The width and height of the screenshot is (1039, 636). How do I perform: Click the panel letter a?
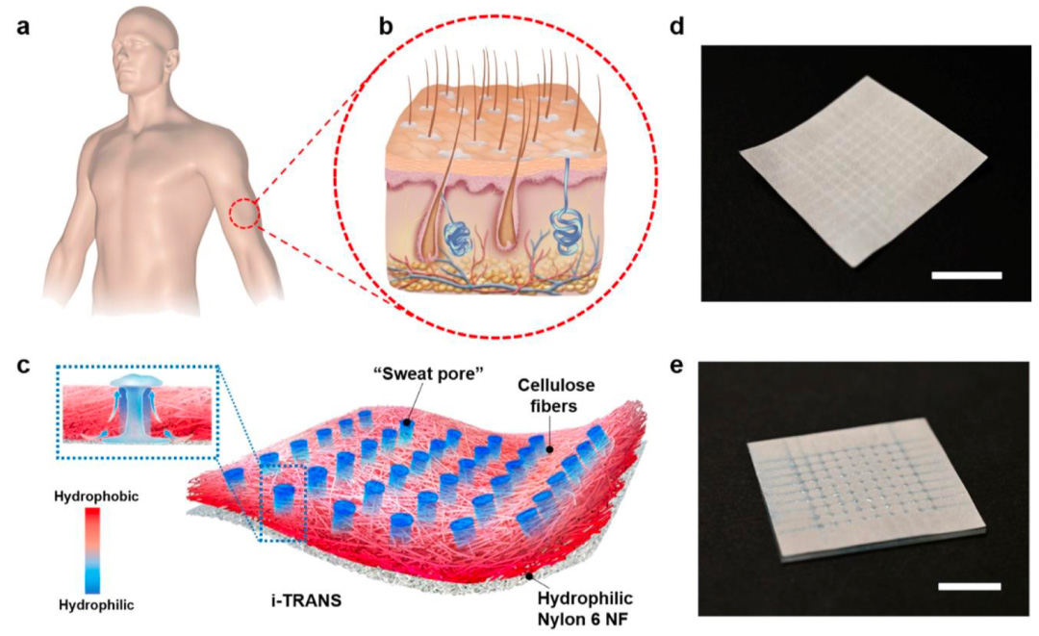pyautogui.click(x=22, y=29)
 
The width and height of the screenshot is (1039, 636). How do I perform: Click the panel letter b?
pyautogui.click(x=386, y=27)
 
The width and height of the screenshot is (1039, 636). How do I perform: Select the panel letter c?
pyautogui.click(x=22, y=366)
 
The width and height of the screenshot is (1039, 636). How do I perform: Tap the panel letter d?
pyautogui.click(x=676, y=27)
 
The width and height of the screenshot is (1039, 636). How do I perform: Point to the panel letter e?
pyautogui.click(x=676, y=365)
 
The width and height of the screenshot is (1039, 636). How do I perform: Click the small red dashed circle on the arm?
pyautogui.click(x=244, y=214)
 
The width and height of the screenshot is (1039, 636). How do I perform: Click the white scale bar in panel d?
pyautogui.click(x=966, y=275)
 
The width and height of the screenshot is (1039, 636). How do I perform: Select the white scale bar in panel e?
pyautogui.click(x=970, y=586)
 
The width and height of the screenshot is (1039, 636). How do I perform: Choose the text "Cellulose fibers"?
pyautogui.click(x=546, y=394)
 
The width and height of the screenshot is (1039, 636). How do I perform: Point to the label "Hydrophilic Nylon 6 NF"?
pyautogui.click(x=585, y=608)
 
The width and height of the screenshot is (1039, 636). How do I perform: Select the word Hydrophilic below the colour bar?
pyautogui.click(x=97, y=604)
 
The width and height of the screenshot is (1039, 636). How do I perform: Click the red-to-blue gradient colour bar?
pyautogui.click(x=92, y=549)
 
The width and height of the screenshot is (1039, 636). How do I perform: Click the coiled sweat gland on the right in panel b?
pyautogui.click(x=567, y=229)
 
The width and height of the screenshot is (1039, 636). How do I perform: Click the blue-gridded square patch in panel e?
pyautogui.click(x=867, y=489)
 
